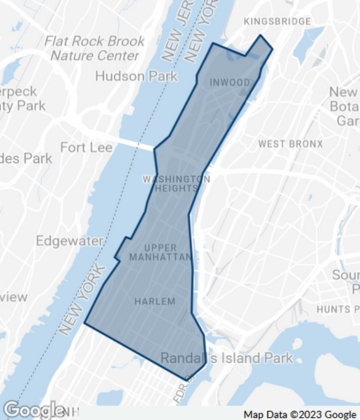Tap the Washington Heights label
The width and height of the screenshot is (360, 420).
click(x=176, y=184)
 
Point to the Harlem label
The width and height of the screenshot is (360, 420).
click(x=153, y=301)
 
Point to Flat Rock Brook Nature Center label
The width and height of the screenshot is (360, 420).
click(x=93, y=51)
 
